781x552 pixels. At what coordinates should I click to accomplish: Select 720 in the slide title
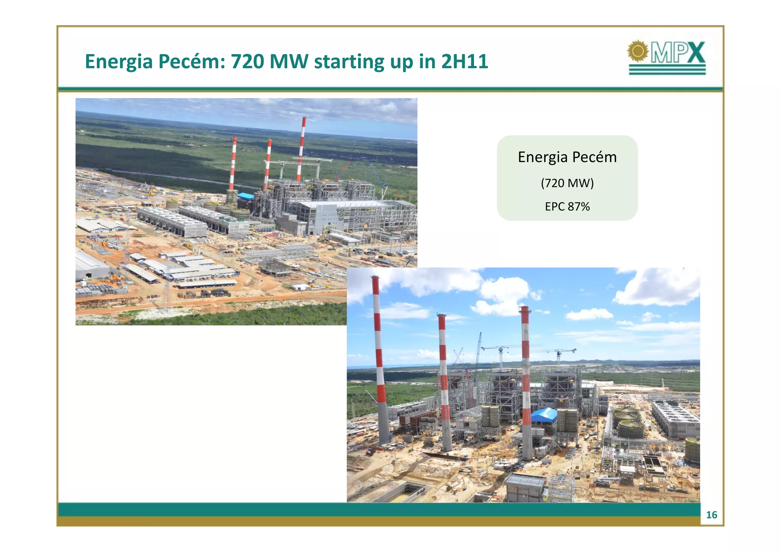(247, 61)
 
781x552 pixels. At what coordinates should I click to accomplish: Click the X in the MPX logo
(695, 53)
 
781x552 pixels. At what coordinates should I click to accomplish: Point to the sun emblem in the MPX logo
(638, 51)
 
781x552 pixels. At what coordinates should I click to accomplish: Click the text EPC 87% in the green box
(567, 207)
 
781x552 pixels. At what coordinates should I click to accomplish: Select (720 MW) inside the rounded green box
(567, 183)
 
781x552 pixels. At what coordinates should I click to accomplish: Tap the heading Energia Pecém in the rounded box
(567, 157)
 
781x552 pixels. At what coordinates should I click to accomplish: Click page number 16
(712, 515)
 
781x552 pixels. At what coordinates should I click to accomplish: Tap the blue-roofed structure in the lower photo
(544, 415)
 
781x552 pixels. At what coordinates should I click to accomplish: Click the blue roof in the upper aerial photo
(246, 196)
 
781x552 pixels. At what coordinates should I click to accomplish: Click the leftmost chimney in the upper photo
(233, 164)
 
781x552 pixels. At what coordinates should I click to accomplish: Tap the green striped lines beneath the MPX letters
(667, 69)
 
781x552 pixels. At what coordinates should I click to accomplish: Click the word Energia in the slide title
(118, 61)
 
